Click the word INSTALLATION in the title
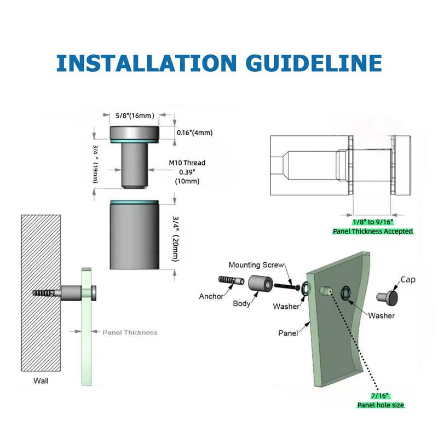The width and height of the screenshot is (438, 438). click(x=147, y=63)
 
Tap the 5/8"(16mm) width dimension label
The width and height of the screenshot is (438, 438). click(x=135, y=116)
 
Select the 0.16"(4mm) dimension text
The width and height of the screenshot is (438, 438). click(x=195, y=132)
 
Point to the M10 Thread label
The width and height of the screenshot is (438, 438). click(x=187, y=163)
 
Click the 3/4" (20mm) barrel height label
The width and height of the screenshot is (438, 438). click(x=175, y=239)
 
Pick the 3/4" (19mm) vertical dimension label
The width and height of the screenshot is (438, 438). click(x=95, y=164)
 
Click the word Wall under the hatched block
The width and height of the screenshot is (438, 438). click(x=41, y=381)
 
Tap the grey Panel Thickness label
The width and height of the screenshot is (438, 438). click(x=130, y=332)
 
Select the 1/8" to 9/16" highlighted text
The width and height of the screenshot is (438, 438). click(x=373, y=222)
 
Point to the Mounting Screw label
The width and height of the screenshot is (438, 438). click(x=256, y=265)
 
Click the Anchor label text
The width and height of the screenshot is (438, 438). click(x=211, y=296)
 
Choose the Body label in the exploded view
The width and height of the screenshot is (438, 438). click(x=241, y=304)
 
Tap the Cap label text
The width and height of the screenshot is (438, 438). click(x=408, y=280)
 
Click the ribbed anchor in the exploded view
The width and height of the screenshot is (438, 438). click(x=231, y=280)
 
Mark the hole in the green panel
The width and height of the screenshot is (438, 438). click(x=326, y=291)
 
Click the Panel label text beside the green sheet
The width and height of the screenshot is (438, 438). click(x=288, y=333)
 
